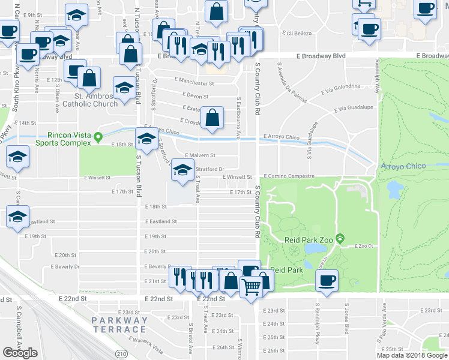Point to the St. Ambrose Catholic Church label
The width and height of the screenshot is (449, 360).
tap(96, 100)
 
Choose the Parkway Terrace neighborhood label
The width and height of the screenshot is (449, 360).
tap(119, 325)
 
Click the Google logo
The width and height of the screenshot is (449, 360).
tap(20, 353)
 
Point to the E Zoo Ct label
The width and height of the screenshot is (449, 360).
tap(364, 246)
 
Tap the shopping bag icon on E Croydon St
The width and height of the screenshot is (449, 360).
tap(212, 117)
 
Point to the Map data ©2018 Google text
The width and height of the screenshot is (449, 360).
tap(412, 355)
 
